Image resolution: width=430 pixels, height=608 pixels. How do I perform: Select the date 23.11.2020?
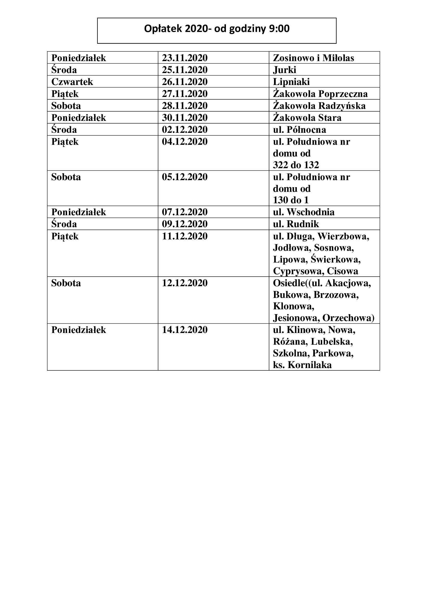pyautogui.click(x=185, y=58)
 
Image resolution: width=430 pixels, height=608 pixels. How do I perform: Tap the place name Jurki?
pyautogui.click(x=284, y=70)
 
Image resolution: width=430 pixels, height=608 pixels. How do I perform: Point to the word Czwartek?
pyautogui.click(x=72, y=82)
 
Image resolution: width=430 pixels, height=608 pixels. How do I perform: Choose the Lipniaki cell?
pyautogui.click(x=291, y=82)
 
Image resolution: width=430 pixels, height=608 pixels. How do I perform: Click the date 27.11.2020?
pyautogui.click(x=185, y=94)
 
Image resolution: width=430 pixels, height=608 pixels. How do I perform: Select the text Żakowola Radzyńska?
pyautogui.click(x=319, y=106)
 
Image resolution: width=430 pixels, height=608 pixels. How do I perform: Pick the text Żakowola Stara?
pyautogui.click(x=307, y=117)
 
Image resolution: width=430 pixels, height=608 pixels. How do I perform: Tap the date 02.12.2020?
pyautogui.click(x=185, y=130)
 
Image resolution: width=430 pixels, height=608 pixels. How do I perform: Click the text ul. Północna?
pyautogui.click(x=299, y=130)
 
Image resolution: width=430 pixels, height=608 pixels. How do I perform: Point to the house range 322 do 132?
pyautogui.click(x=296, y=165)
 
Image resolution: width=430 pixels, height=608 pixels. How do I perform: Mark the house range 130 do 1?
pyautogui.click(x=291, y=200)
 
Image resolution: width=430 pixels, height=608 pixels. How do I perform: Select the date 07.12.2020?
pyautogui.click(x=185, y=212)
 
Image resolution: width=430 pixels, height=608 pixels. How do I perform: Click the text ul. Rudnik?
pyautogui.click(x=296, y=224)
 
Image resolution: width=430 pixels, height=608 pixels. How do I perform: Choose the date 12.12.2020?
pyautogui.click(x=185, y=283)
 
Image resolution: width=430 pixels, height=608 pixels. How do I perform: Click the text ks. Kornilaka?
pyautogui.click(x=302, y=365)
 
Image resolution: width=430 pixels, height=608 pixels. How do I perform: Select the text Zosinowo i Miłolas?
pyautogui.click(x=314, y=58)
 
